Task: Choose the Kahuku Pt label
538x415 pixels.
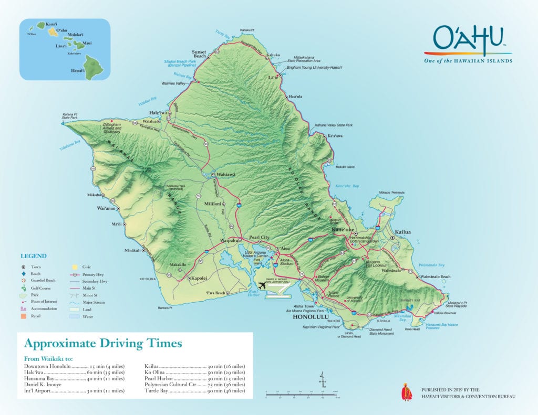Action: point(246,30)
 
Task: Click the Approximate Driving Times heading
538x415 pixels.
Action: point(103,344)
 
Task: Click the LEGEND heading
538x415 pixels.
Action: point(34,256)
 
